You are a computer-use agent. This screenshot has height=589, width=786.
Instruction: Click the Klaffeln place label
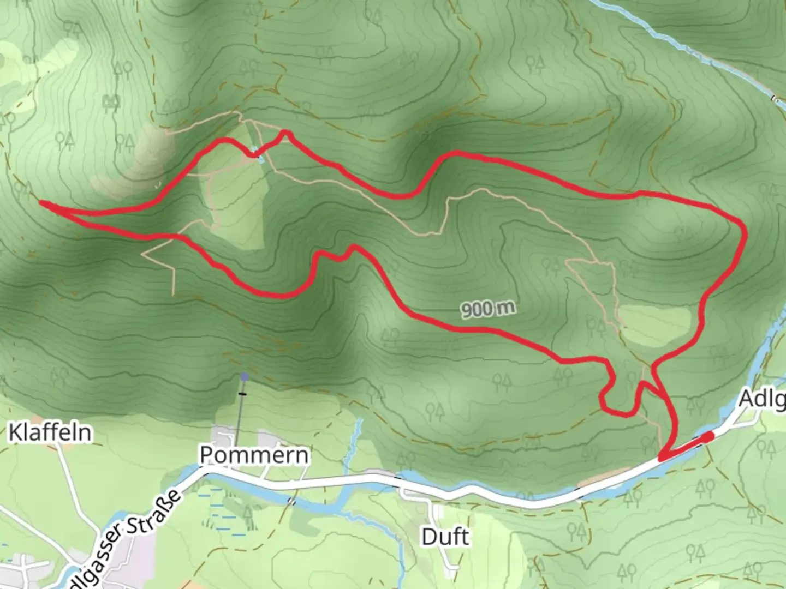pos(50,432)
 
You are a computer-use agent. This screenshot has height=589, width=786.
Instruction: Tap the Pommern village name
pos(254,455)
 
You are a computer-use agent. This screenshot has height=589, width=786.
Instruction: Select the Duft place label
pos(445,537)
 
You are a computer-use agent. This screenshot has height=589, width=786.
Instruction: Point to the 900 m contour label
pos(488,309)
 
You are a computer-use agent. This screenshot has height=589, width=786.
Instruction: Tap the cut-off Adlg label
pos(762,399)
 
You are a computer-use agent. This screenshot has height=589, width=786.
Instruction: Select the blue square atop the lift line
pos(245,376)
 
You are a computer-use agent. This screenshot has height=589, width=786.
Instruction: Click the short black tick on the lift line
pos(242,393)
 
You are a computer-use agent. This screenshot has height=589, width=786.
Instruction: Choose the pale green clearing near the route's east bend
pos(654,325)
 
